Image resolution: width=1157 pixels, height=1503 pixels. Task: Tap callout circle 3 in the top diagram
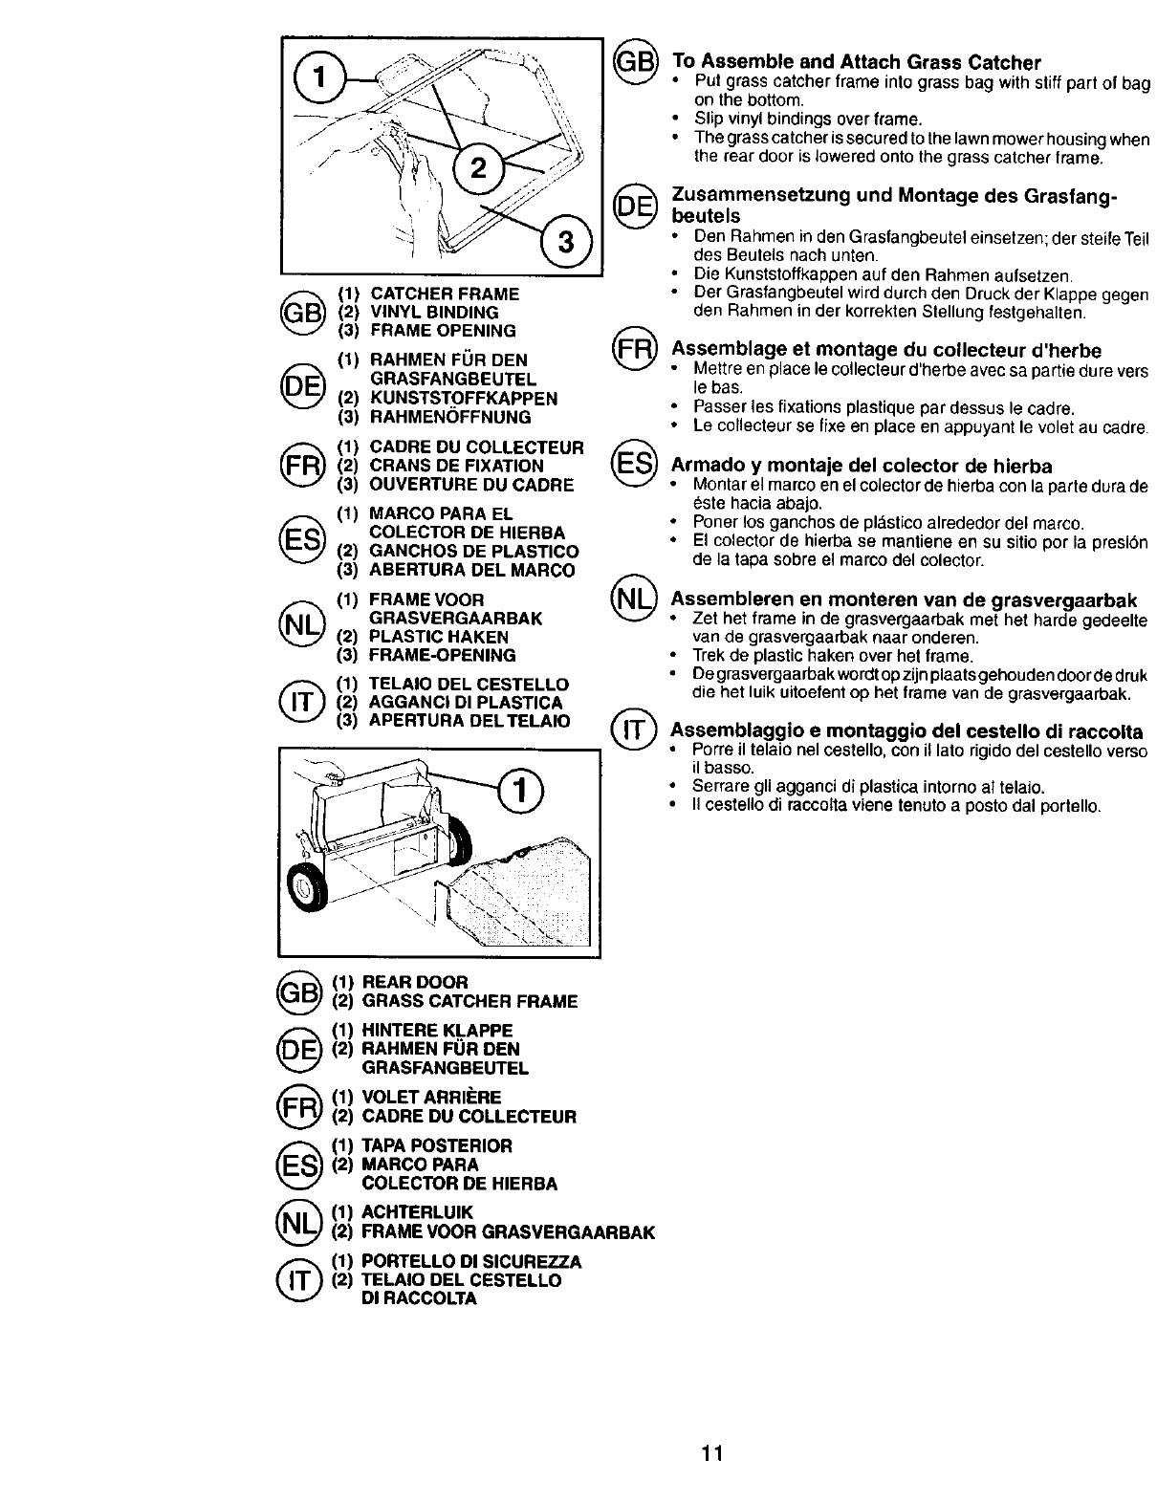click(x=565, y=243)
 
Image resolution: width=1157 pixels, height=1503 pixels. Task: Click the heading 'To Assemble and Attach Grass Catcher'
click(x=856, y=63)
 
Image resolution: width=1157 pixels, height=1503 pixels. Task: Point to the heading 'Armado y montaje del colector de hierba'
click(x=862, y=466)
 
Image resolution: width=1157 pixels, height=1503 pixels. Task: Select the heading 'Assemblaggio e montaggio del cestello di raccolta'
click(x=906, y=731)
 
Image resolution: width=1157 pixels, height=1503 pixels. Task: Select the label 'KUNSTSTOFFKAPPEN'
click(x=464, y=398)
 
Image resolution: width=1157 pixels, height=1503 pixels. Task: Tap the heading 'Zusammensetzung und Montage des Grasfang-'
click(x=894, y=196)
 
